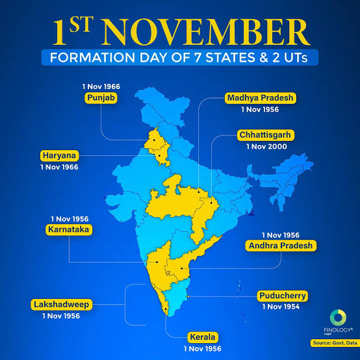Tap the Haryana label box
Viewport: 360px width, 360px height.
[59, 155]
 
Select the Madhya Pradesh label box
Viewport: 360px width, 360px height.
[261, 98]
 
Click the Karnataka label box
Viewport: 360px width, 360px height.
[69, 230]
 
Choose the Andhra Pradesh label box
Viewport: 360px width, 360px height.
[281, 245]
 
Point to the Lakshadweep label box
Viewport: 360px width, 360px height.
[62, 303]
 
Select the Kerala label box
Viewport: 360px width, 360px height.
[203, 337]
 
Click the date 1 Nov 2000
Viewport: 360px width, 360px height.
[267, 148]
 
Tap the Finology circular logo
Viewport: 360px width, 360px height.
[338, 318]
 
